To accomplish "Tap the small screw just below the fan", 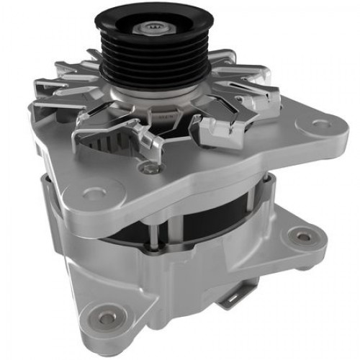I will coord(149,170).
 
